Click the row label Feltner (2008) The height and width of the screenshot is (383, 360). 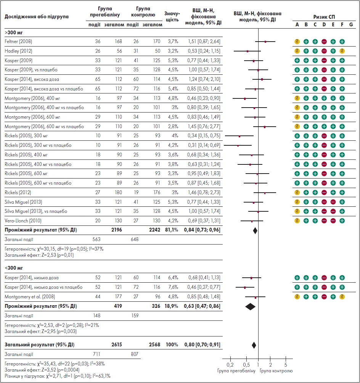[x=18, y=41]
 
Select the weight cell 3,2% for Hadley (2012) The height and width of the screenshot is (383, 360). [x=172, y=51]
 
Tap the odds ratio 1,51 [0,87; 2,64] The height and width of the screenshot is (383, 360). [x=204, y=41]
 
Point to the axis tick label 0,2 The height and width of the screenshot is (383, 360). [x=230, y=364]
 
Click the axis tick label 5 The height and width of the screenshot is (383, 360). [x=286, y=364]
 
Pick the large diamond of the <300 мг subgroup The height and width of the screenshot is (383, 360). [x=250, y=306]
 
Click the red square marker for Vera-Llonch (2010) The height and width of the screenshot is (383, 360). [x=252, y=221]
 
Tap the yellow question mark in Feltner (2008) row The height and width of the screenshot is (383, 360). [x=297, y=41]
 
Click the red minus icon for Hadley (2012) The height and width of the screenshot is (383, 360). [x=324, y=51]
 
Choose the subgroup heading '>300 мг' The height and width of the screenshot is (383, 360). [x=12, y=32]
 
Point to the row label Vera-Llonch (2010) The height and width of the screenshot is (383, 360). [x=21, y=220]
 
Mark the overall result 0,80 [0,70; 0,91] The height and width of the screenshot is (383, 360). [x=204, y=345]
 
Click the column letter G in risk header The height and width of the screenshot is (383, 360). [x=351, y=25]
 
